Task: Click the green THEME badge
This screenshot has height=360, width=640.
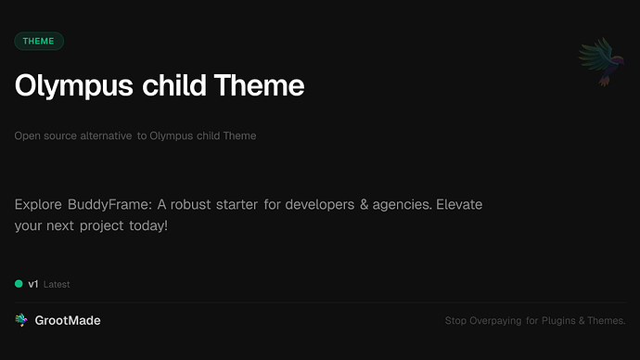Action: [39, 41]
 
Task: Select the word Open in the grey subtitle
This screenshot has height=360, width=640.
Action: [27, 136]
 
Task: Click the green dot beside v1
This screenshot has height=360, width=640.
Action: [19, 284]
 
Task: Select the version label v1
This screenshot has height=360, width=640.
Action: [33, 284]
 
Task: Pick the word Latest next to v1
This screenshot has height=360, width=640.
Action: [57, 285]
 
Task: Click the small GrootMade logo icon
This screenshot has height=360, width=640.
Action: [21, 320]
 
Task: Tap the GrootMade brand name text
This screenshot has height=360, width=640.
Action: [68, 320]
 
